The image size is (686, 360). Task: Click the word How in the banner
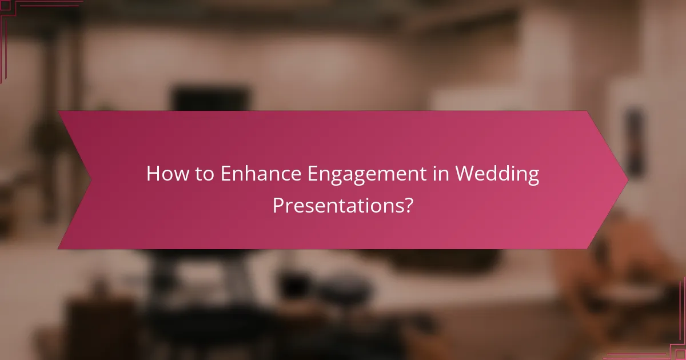click(x=166, y=174)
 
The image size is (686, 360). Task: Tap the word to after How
click(x=203, y=174)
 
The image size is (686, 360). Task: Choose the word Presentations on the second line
click(x=337, y=205)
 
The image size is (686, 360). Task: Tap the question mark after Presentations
click(x=408, y=205)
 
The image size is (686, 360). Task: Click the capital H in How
click(x=153, y=174)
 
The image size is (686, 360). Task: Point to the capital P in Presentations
click(x=278, y=205)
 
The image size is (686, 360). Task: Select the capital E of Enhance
click(x=226, y=174)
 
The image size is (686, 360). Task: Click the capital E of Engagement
click(x=313, y=174)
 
